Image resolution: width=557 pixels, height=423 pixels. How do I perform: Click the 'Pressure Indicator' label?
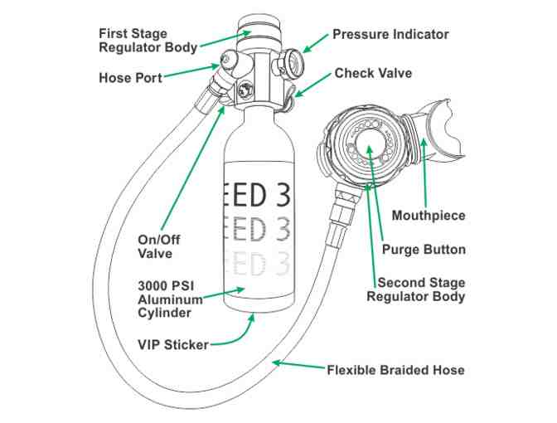click(x=390, y=35)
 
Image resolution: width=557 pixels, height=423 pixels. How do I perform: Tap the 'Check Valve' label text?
click(x=373, y=73)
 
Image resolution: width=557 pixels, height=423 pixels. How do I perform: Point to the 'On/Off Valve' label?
click(x=158, y=246)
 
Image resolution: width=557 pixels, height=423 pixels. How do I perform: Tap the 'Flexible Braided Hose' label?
click(x=395, y=369)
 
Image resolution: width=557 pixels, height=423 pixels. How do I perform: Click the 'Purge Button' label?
click(x=424, y=249)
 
